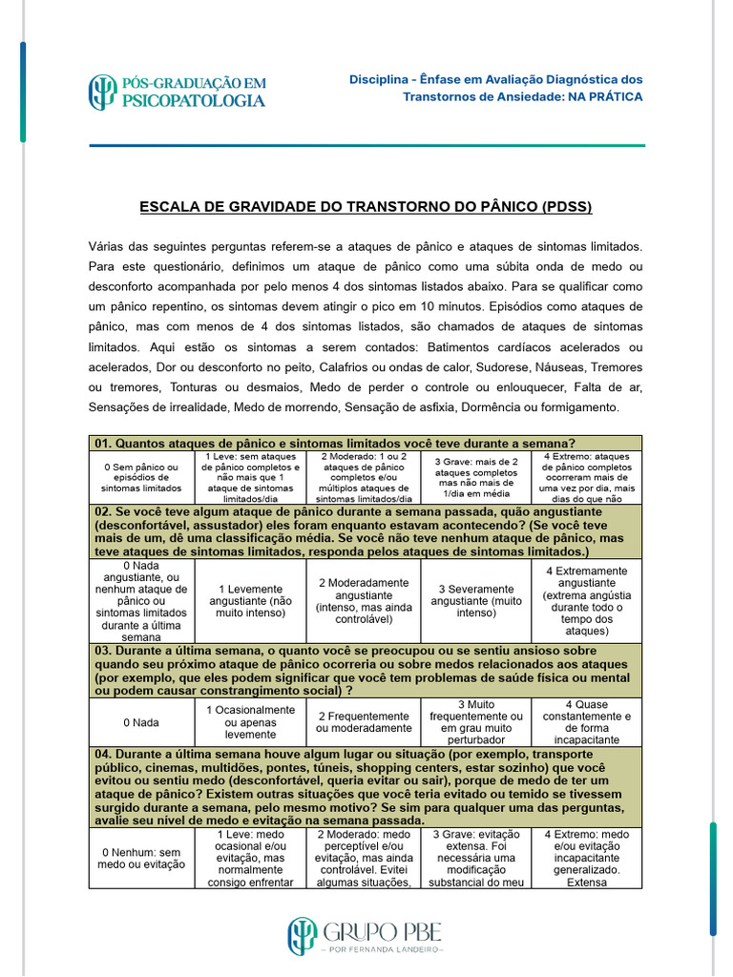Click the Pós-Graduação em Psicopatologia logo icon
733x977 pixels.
tap(102, 92)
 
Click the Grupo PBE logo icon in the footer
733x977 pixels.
tap(303, 936)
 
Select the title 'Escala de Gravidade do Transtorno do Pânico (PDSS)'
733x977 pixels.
tap(366, 207)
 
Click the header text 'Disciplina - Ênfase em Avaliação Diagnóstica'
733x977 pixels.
tap(495, 79)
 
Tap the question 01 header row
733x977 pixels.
tap(366, 443)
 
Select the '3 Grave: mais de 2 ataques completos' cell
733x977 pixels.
tap(476, 477)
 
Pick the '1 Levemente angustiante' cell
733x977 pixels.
tap(251, 602)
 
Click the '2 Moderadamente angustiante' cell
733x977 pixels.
tap(364, 602)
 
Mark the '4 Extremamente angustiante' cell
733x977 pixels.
tap(587, 601)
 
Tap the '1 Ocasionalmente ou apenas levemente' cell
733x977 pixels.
tap(251, 722)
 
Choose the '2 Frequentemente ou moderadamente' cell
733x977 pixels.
tap(364, 722)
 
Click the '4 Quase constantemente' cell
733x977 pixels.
tap(587, 722)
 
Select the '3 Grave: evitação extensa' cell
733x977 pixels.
tap(476, 858)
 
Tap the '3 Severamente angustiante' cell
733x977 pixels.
tap(476, 602)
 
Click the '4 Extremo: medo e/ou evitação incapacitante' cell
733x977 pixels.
tap(587, 858)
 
